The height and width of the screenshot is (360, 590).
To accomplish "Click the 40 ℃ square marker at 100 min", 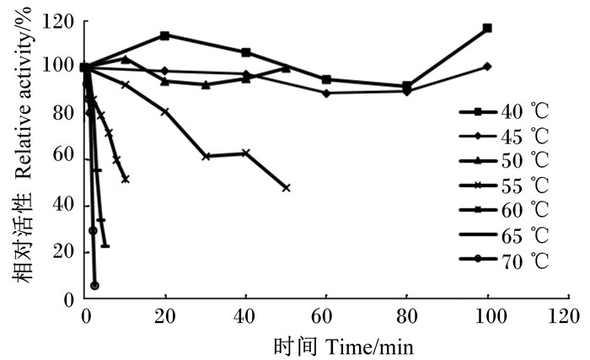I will click(x=487, y=29).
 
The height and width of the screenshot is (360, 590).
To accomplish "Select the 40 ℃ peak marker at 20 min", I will click(x=164, y=35).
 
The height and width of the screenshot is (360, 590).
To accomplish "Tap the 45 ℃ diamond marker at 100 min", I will click(x=487, y=66).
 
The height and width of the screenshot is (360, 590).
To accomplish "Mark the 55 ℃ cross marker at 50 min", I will click(x=286, y=187).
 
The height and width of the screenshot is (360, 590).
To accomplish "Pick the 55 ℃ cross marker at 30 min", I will click(x=206, y=156).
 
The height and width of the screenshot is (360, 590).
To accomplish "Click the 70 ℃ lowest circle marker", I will click(x=94, y=286).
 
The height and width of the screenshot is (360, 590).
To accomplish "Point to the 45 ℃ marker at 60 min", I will click(x=326, y=93).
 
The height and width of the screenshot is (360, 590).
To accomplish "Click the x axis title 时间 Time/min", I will click(x=343, y=346).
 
